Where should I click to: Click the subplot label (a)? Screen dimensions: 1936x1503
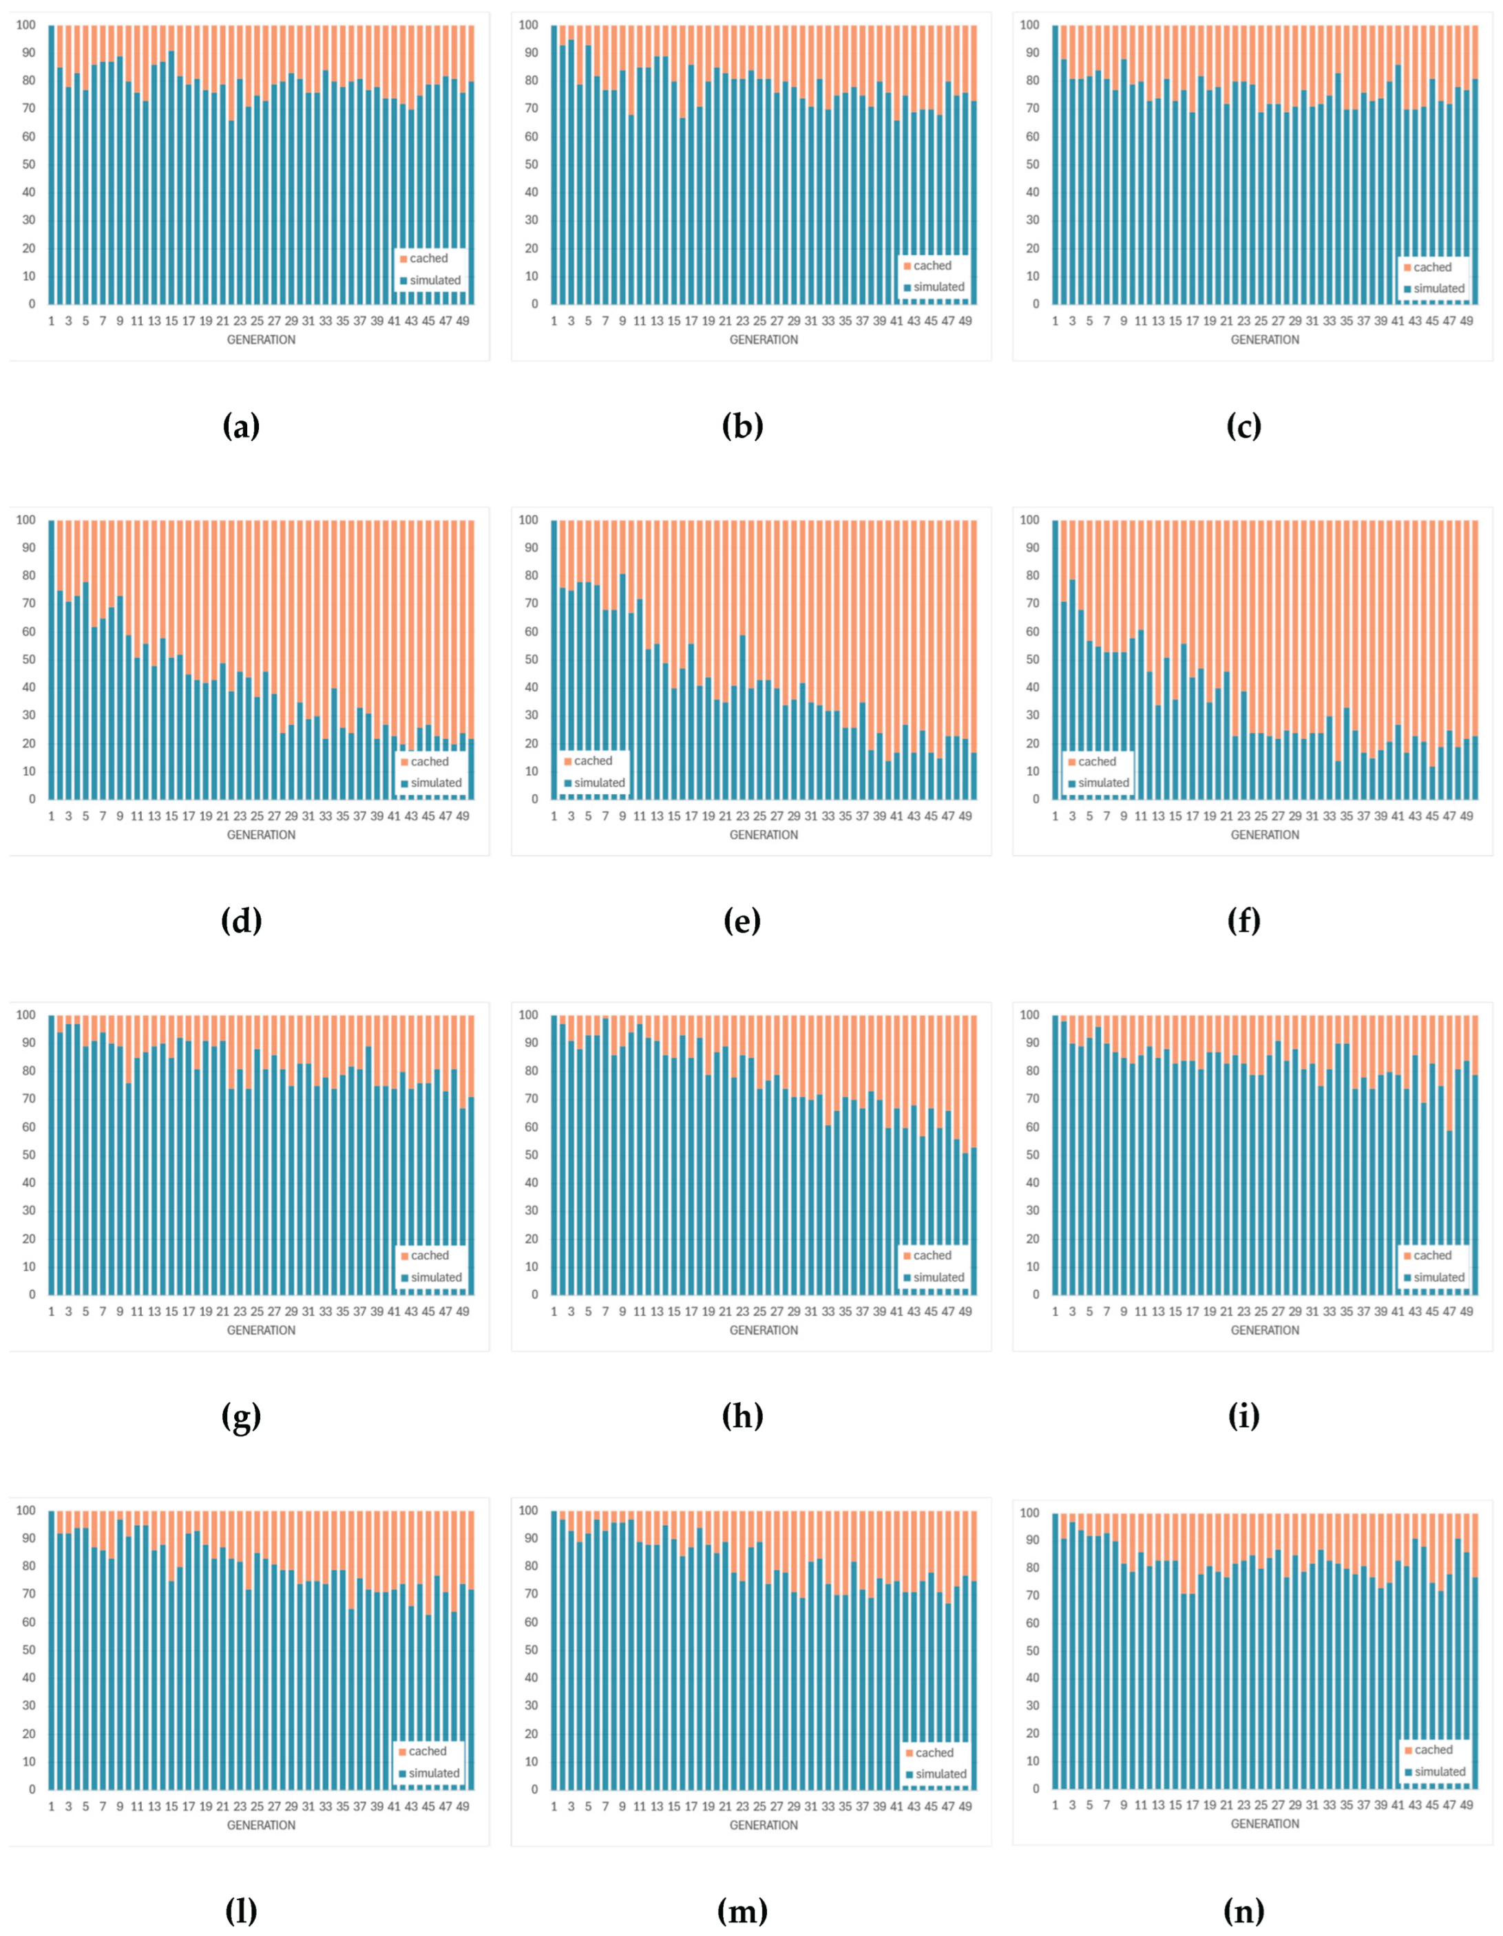pos(240,427)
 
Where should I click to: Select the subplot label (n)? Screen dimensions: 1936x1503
pos(1243,1911)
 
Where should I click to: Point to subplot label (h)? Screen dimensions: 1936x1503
pos(742,1416)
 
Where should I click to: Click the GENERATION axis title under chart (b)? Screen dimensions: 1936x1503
pos(764,339)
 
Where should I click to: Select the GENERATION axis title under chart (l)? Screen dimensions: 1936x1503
pos(261,1825)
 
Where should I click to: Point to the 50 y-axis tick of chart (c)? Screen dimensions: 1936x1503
pos(1029,165)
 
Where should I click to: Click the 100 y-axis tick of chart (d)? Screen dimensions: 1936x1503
pos(25,520)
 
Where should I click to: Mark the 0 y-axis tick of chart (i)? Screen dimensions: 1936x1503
pos(1034,1295)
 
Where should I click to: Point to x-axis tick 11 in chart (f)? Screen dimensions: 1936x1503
pos(1142,816)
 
